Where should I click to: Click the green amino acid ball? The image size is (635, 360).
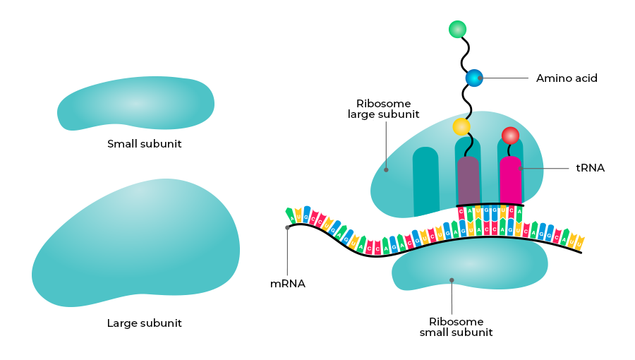click(x=457, y=29)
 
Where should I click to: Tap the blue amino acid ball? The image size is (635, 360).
click(x=473, y=78)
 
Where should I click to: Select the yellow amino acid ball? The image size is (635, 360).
click(x=461, y=127)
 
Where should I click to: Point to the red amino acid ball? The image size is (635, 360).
click(x=510, y=135)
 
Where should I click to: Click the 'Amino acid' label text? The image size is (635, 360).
click(x=567, y=78)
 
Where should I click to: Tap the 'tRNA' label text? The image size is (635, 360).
click(x=591, y=168)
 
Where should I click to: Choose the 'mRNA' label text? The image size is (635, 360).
click(x=287, y=284)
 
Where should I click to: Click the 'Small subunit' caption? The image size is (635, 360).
click(x=145, y=144)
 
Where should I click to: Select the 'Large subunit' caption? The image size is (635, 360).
click(x=145, y=323)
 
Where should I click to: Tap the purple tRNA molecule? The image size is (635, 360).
click(x=468, y=181)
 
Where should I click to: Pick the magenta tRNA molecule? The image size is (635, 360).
click(x=510, y=181)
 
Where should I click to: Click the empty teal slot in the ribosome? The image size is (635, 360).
click(x=425, y=181)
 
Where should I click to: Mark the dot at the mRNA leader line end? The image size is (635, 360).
click(x=287, y=227)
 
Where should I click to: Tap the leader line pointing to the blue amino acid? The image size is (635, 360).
click(x=504, y=78)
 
